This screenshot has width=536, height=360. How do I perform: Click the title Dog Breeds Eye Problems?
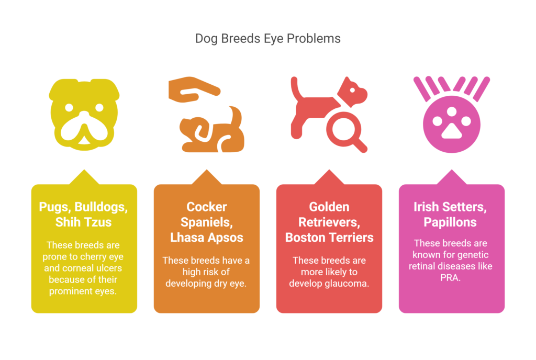click(x=267, y=39)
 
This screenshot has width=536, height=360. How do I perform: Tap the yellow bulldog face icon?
click(x=84, y=115)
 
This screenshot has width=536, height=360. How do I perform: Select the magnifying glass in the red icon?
click(x=346, y=132)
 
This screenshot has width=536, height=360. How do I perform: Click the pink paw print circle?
click(x=452, y=125)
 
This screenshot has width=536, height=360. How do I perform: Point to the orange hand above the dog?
click(x=194, y=89)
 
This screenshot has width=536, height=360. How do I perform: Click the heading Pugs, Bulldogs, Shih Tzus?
click(x=83, y=215)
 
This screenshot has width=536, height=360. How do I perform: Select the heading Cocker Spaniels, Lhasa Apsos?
click(x=206, y=222)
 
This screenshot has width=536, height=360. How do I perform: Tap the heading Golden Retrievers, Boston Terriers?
click(x=329, y=222)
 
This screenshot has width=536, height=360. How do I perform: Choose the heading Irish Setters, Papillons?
click(x=450, y=215)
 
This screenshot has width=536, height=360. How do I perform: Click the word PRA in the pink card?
click(x=450, y=278)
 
